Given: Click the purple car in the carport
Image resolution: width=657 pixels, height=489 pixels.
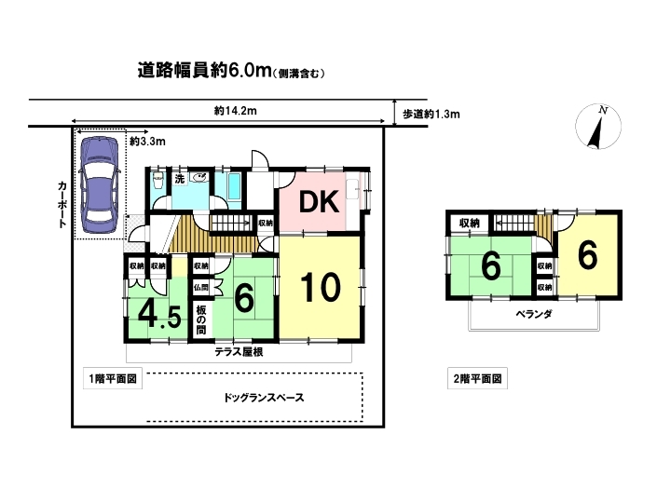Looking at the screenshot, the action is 100,184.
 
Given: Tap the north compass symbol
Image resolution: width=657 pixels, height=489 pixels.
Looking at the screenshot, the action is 598,127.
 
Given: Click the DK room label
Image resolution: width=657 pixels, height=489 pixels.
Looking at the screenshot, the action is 319,202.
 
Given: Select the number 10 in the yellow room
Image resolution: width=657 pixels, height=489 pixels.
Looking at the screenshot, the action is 321,288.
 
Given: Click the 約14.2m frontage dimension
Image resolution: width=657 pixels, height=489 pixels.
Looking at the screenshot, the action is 236,111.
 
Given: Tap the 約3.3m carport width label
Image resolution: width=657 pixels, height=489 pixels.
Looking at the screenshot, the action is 147,142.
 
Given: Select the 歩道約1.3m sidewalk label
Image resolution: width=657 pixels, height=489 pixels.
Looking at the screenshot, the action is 431,114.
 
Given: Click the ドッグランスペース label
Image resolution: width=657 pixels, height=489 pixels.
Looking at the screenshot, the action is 264,398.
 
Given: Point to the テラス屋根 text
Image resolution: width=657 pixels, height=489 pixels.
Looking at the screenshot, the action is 239,352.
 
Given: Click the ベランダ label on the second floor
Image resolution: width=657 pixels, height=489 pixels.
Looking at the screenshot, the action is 534,314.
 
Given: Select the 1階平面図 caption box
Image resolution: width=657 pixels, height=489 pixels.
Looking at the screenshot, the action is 113,379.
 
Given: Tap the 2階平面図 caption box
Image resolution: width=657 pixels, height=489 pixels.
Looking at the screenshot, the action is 478,379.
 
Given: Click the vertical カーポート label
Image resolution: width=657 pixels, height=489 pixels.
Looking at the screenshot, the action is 62,204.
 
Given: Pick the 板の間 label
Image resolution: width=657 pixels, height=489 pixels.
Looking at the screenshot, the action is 201,319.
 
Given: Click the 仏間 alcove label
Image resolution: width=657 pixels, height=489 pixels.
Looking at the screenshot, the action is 201,288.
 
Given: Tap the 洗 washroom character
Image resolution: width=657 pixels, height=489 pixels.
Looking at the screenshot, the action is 180,179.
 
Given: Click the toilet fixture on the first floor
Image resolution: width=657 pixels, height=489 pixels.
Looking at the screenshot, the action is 158,181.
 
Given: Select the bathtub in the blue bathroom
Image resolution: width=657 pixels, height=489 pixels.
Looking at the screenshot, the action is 234,188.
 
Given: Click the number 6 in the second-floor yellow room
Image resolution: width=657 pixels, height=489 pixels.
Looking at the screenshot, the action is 587,255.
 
